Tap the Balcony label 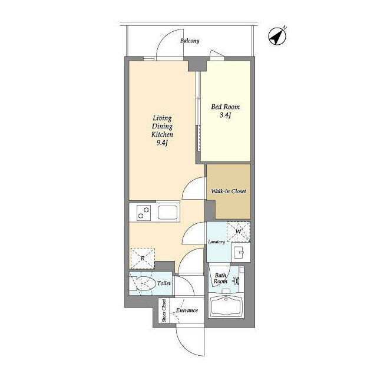tap(190, 41)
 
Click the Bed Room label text tap(226, 107)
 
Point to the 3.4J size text tap(226, 117)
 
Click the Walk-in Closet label tap(229, 192)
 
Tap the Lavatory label tap(216, 242)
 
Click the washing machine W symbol tap(239, 230)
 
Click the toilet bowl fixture tap(144, 285)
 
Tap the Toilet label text tap(164, 284)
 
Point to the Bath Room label tap(220, 278)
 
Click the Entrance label tap(187, 311)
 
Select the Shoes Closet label tap(164, 310)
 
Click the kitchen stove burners tap(144, 212)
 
